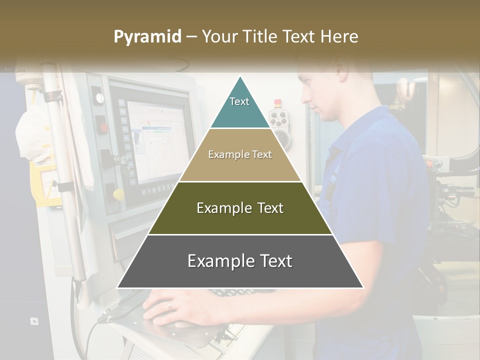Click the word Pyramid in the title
click(147, 37)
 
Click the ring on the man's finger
click(169, 303)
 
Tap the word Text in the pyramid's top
click(239, 101)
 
